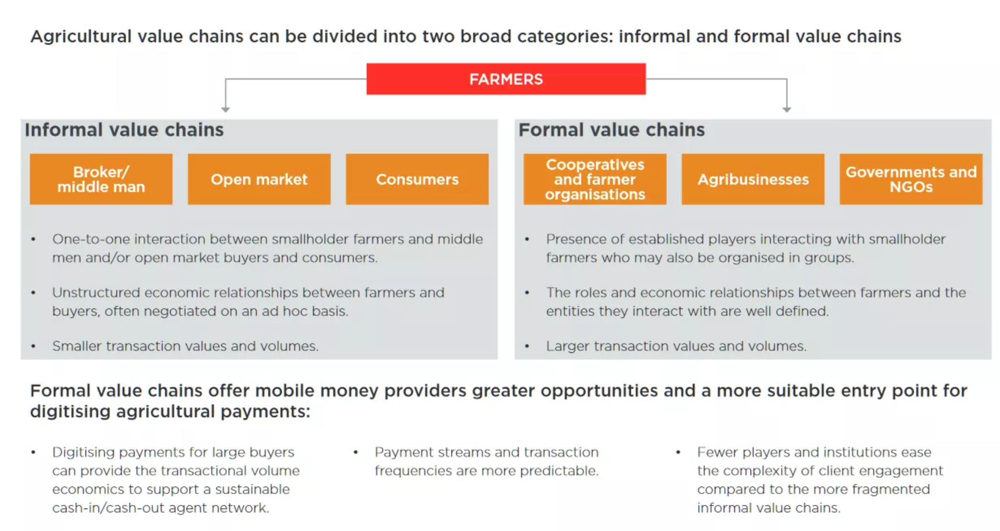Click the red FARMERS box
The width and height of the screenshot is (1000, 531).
tap(505, 79)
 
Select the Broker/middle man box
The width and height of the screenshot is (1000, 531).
tap(101, 179)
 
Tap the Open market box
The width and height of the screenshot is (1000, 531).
tap(259, 179)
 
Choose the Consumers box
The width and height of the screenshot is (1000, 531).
tap(417, 179)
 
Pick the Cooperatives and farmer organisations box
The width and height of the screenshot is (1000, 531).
tap(595, 179)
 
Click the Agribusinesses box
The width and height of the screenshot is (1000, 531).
tap(753, 179)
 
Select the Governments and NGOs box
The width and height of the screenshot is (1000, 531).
tap(911, 179)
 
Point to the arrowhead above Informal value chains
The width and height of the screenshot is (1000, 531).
tap(226, 109)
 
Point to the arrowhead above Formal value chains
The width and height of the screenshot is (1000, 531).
tap(786, 109)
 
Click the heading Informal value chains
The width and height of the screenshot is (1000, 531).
tap(124, 130)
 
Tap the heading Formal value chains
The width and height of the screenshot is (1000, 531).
tap(612, 130)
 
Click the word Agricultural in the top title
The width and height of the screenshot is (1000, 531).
tap(81, 37)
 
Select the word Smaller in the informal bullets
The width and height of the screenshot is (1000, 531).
tap(77, 346)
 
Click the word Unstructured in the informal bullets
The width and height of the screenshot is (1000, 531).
tap(96, 292)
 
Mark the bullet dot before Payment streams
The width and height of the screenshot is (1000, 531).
tap(355, 452)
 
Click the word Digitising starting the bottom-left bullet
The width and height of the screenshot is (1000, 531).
tap(83, 452)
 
